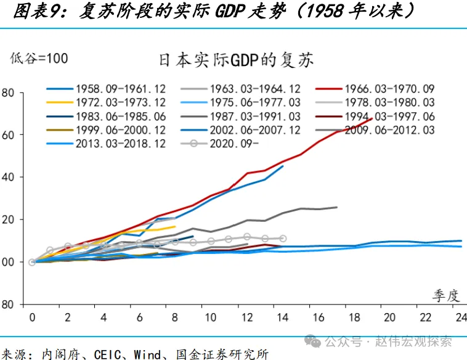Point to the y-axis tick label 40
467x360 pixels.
(x=8, y=177)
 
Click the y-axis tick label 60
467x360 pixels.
(x=8, y=134)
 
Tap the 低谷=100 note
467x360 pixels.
(x=39, y=58)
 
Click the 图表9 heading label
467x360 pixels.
(x=34, y=10)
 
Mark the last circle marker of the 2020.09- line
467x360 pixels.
(x=282, y=239)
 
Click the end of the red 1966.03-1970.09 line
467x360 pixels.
(x=372, y=118)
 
